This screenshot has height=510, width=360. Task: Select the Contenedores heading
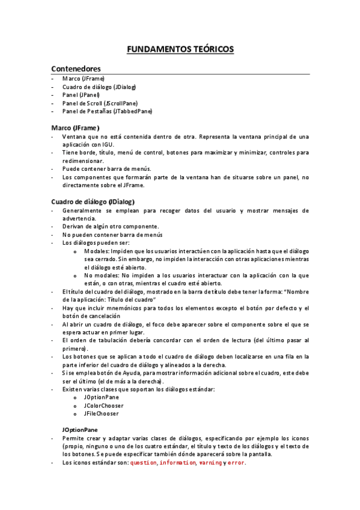tap(76, 69)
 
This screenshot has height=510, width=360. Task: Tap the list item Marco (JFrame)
tap(84, 79)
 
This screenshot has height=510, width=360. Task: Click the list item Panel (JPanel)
tap(81, 95)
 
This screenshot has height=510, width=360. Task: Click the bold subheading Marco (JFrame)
tap(75, 127)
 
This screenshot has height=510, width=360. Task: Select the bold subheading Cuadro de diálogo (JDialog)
tap(93, 201)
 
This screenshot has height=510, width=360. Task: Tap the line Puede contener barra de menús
tap(106, 169)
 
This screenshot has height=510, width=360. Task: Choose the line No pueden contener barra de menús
tap(112, 235)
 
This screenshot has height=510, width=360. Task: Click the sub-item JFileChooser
tap(102, 414)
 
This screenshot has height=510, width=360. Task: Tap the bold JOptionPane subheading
tap(80, 430)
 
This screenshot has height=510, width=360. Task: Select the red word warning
tap(210, 463)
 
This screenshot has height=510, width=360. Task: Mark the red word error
tap(236, 463)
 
